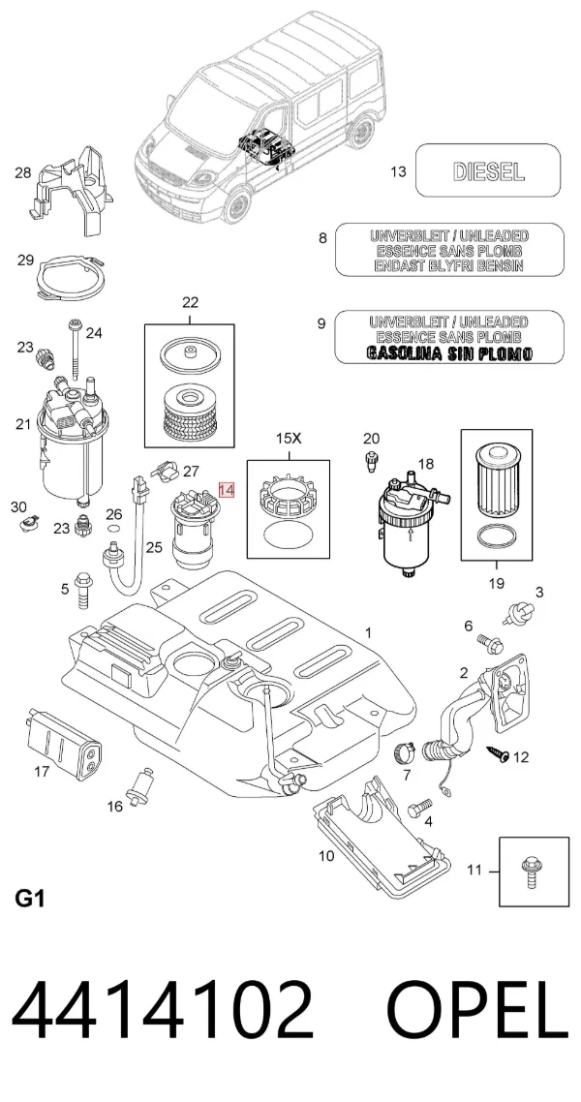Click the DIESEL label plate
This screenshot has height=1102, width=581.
[x=488, y=170]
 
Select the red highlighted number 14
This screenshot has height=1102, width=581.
[x=227, y=489]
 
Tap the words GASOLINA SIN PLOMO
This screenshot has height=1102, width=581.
[x=449, y=353]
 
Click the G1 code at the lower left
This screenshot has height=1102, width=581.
[x=29, y=899]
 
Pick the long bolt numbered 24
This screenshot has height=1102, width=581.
[x=75, y=350]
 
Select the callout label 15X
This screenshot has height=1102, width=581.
[x=288, y=439]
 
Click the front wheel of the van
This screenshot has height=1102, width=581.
[x=238, y=203]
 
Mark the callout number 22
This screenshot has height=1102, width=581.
[x=190, y=303]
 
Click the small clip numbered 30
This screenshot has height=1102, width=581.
[x=29, y=523]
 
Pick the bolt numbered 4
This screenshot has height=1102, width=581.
[x=417, y=809]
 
